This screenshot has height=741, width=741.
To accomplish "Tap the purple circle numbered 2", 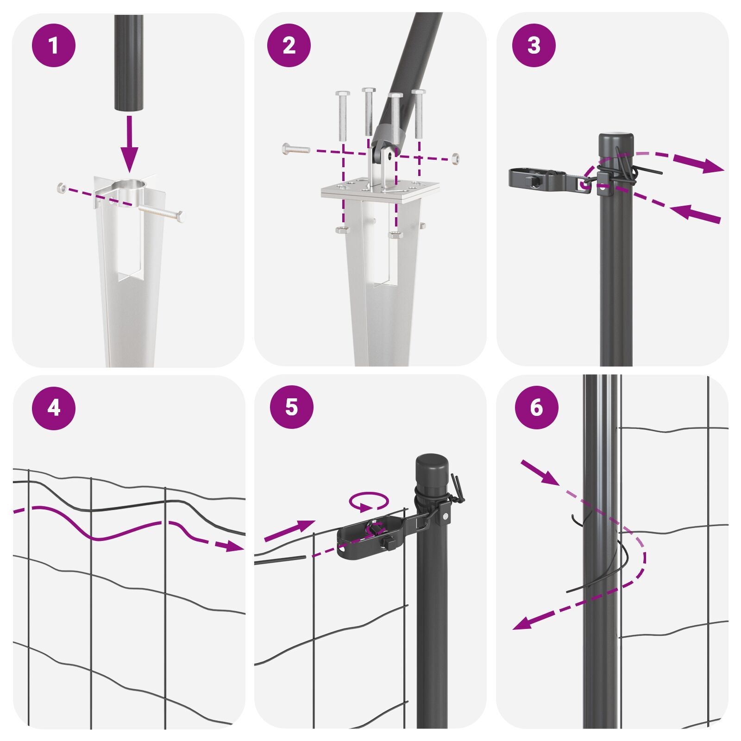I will [x=289, y=45].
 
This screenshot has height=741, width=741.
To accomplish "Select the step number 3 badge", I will [x=534, y=45].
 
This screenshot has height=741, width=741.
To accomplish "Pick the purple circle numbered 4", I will [x=54, y=408].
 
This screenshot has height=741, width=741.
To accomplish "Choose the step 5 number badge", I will [x=292, y=407].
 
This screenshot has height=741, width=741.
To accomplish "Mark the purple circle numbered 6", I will [x=536, y=408].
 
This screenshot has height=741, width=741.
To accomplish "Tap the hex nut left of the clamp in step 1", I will [x=61, y=188].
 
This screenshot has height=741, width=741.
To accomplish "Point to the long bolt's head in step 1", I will [x=179, y=216].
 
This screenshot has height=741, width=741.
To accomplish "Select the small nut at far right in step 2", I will [x=456, y=158].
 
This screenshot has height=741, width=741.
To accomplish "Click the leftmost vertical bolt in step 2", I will [x=343, y=116].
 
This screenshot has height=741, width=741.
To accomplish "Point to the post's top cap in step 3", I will [x=615, y=144].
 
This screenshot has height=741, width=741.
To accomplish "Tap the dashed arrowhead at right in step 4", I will [x=234, y=546].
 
